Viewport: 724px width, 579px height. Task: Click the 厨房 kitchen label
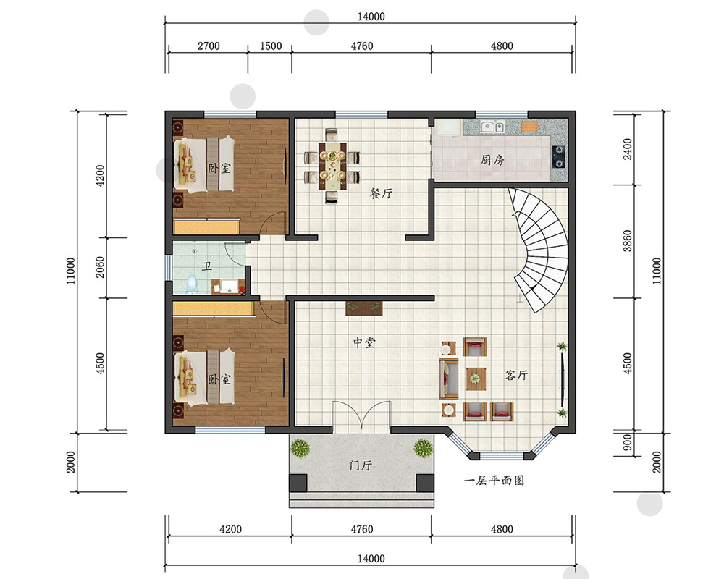pyautogui.click(x=492, y=160)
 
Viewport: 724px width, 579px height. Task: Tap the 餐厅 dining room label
pyautogui.click(x=381, y=193)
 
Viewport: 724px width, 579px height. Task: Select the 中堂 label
pyautogui.click(x=364, y=342)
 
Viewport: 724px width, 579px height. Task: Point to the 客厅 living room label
pyautogui.click(x=516, y=375)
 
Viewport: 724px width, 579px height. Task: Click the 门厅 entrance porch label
pyautogui.click(x=361, y=465)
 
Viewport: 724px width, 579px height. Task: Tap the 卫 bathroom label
pyautogui.click(x=207, y=266)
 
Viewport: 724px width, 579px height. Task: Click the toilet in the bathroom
pyautogui.click(x=192, y=284)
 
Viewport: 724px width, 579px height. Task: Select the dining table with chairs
pyautogui.click(x=332, y=166)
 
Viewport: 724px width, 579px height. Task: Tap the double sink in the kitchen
pyautogui.click(x=492, y=126)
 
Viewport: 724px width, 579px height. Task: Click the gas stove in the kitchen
pyautogui.click(x=558, y=156)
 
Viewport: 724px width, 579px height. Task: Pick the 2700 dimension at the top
pyautogui.click(x=209, y=46)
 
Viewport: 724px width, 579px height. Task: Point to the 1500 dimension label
pyautogui.click(x=271, y=46)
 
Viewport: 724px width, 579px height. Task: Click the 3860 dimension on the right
pyautogui.click(x=628, y=240)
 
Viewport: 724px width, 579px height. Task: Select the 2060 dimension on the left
pyautogui.click(x=100, y=267)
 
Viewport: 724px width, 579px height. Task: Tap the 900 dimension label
pyautogui.click(x=628, y=442)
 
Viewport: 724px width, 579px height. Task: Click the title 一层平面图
pyautogui.click(x=494, y=481)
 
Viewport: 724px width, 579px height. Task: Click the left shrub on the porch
pyautogui.click(x=300, y=448)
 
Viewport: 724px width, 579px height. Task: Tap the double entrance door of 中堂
pyautogui.click(x=361, y=417)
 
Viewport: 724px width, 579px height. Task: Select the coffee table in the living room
pyautogui.click(x=476, y=378)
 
